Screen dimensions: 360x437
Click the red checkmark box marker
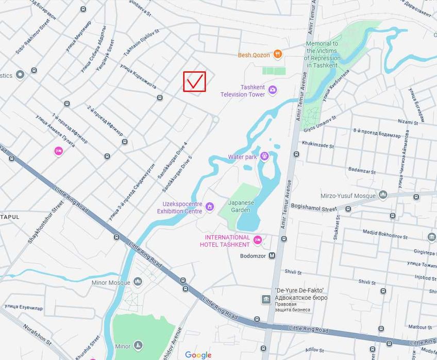pos(195,81)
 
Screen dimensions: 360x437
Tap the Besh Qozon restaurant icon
pos(278,54)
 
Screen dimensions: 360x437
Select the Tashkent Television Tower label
pos(243,91)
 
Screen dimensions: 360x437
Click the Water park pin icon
pos(264,156)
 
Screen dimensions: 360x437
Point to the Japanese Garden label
pos(241,206)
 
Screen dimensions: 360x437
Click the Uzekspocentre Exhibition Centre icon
pos(209,207)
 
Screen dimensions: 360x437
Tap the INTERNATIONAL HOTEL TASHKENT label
pos(227,241)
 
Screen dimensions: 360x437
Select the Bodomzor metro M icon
pos(272,255)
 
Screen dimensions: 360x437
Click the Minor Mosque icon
pos(138,282)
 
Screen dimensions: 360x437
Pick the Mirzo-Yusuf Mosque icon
pos(382,194)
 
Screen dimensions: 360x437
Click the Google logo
pos(198,355)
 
